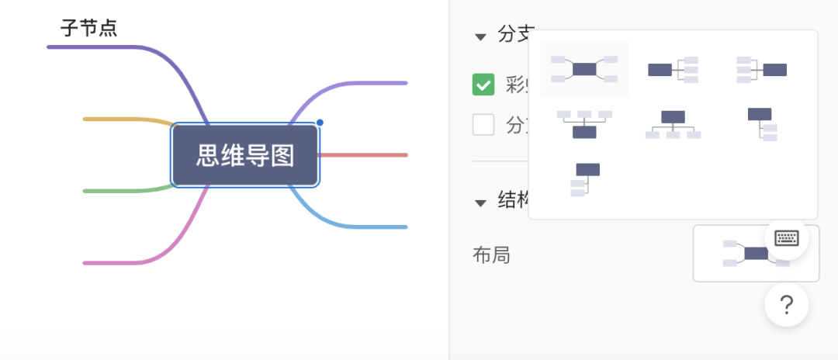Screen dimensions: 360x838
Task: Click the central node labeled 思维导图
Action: pyautogui.click(x=245, y=155)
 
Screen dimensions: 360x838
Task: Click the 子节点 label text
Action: pyautogui.click(x=89, y=29)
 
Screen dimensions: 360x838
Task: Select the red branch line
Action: pyautogui.click(x=365, y=155)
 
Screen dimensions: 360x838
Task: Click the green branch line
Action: pyautogui.click(x=116, y=191)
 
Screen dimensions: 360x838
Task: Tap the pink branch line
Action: pyautogui.click(x=116, y=263)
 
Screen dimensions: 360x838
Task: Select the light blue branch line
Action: pyautogui.click(x=365, y=227)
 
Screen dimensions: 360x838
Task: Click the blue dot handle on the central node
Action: pyautogui.click(x=320, y=123)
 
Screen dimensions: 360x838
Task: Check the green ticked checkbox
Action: pyautogui.click(x=483, y=85)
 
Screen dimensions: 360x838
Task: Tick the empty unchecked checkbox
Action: pyautogui.click(x=483, y=124)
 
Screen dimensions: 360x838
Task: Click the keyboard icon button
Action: pyautogui.click(x=787, y=238)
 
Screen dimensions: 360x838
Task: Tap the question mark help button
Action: pyautogui.click(x=786, y=305)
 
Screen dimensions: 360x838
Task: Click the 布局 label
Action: pyautogui.click(x=491, y=254)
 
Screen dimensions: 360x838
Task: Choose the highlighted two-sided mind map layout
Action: pyautogui.click(x=584, y=69)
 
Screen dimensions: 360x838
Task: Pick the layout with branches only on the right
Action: pyautogui.click(x=673, y=70)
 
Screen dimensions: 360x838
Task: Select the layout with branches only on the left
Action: pyautogui.click(x=761, y=70)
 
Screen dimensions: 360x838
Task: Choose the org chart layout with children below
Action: pyautogui.click(x=673, y=124)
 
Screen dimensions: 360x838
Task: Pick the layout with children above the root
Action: pyautogui.click(x=584, y=124)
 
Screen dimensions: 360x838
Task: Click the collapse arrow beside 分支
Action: pyautogui.click(x=481, y=36)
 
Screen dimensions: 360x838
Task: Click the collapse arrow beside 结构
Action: pyautogui.click(x=481, y=202)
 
